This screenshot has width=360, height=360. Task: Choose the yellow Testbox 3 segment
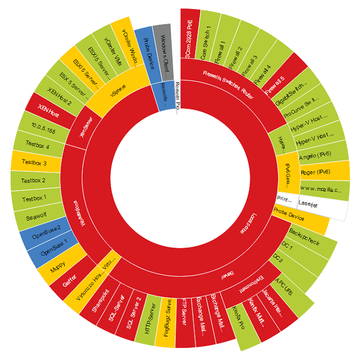point(34,163)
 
